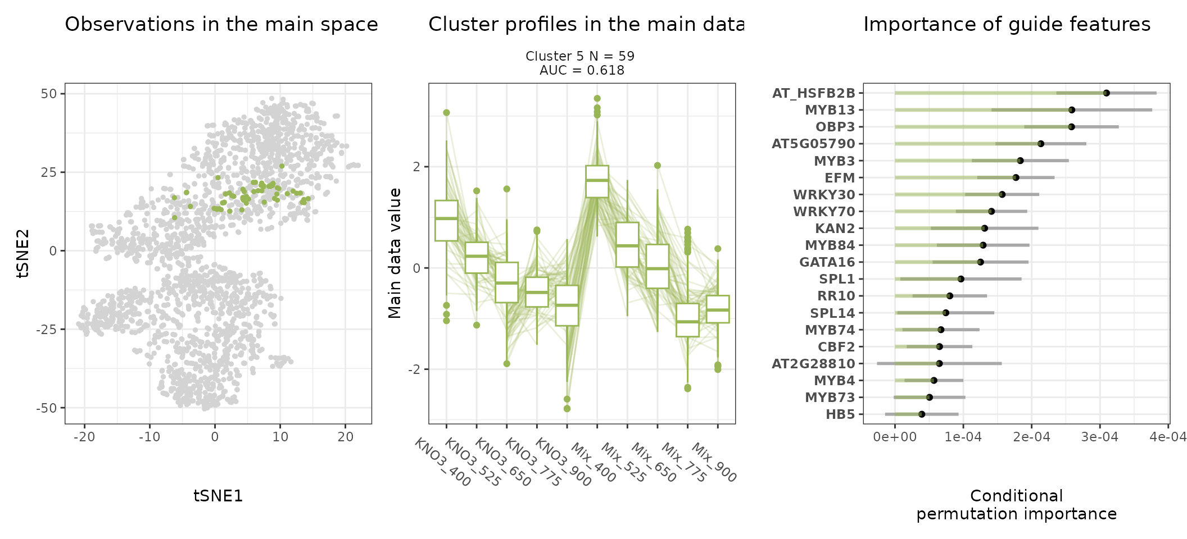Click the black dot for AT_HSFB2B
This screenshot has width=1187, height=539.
pyautogui.click(x=1106, y=93)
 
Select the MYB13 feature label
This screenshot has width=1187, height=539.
pyautogui.click(x=830, y=110)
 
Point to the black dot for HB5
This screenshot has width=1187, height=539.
pyautogui.click(x=922, y=414)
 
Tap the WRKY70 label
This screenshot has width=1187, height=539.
pyautogui.click(x=823, y=212)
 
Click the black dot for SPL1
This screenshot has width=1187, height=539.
pyautogui.click(x=961, y=279)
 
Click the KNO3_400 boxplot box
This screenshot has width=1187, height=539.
pyautogui.click(x=446, y=220)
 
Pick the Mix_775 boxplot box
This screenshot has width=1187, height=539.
pyautogui.click(x=687, y=320)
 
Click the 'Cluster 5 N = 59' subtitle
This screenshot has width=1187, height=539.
pyautogui.click(x=579, y=56)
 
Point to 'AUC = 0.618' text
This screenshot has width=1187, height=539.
pyautogui.click(x=582, y=70)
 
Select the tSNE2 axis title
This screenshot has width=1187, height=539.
pyautogui.click(x=23, y=253)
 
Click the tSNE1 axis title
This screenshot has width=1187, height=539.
pyautogui.click(x=218, y=496)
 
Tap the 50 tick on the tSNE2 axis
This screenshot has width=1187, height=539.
pyautogui.click(x=49, y=94)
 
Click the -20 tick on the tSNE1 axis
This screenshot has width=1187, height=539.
pyautogui.click(x=84, y=437)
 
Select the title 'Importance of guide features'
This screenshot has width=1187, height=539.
pyautogui.click(x=1007, y=25)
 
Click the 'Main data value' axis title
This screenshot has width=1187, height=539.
pyautogui.click(x=395, y=253)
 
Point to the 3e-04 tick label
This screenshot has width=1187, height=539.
pyautogui.click(x=1099, y=437)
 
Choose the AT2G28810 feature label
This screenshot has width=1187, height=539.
pyautogui.click(x=813, y=364)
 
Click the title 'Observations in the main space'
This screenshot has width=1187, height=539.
pyautogui.click(x=221, y=25)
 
